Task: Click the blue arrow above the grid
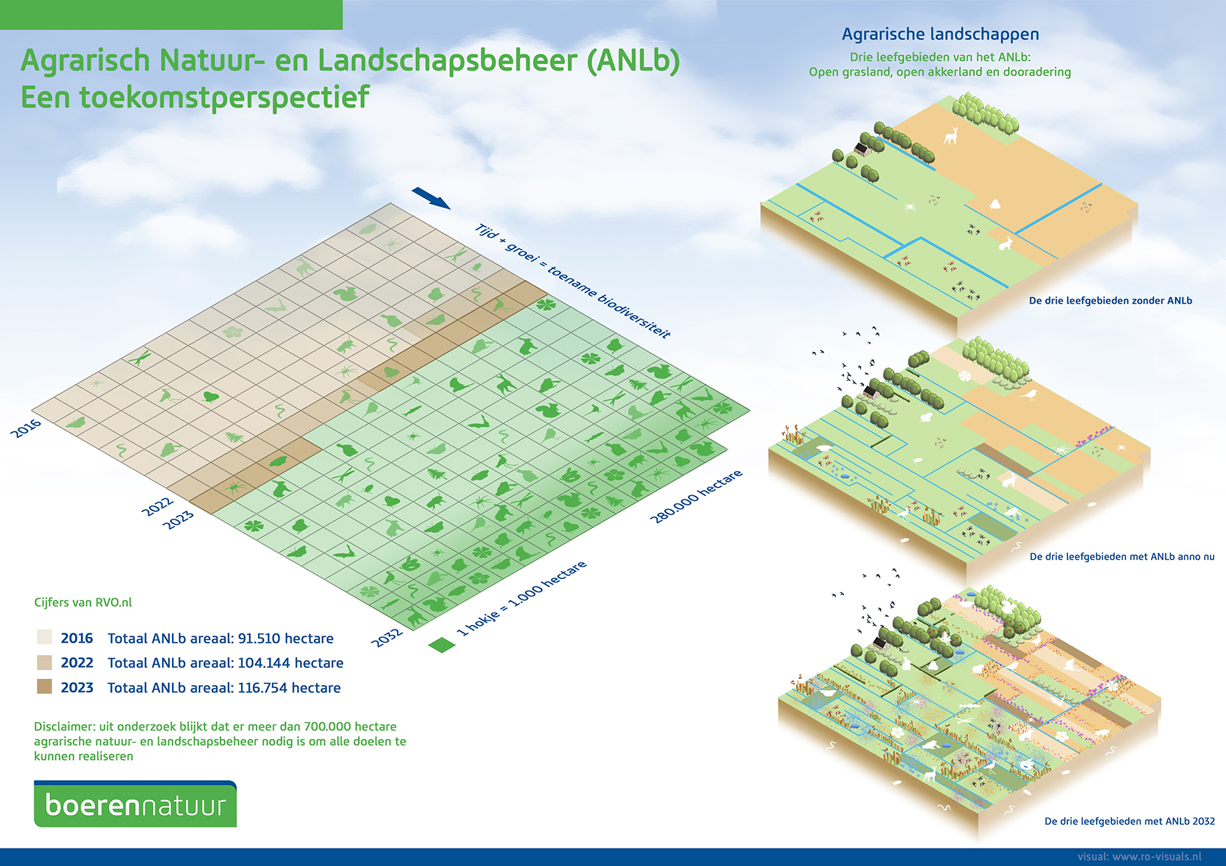tap(431, 198)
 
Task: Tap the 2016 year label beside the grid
tap(26, 428)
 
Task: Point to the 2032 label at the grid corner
tap(387, 637)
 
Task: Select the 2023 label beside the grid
tap(178, 520)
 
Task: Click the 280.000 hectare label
tap(695, 497)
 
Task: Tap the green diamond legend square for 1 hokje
tap(441, 645)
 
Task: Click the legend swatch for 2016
tap(45, 638)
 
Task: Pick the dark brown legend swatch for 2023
tap(45, 687)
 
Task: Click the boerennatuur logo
tap(135, 805)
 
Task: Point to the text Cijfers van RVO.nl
tap(82, 602)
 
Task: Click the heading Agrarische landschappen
tap(940, 34)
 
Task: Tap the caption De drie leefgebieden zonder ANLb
tap(1110, 301)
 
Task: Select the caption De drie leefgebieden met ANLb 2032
tap(1129, 821)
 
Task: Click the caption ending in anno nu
tap(1122, 557)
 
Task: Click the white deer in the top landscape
tap(951, 135)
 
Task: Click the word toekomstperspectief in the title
tap(224, 98)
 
